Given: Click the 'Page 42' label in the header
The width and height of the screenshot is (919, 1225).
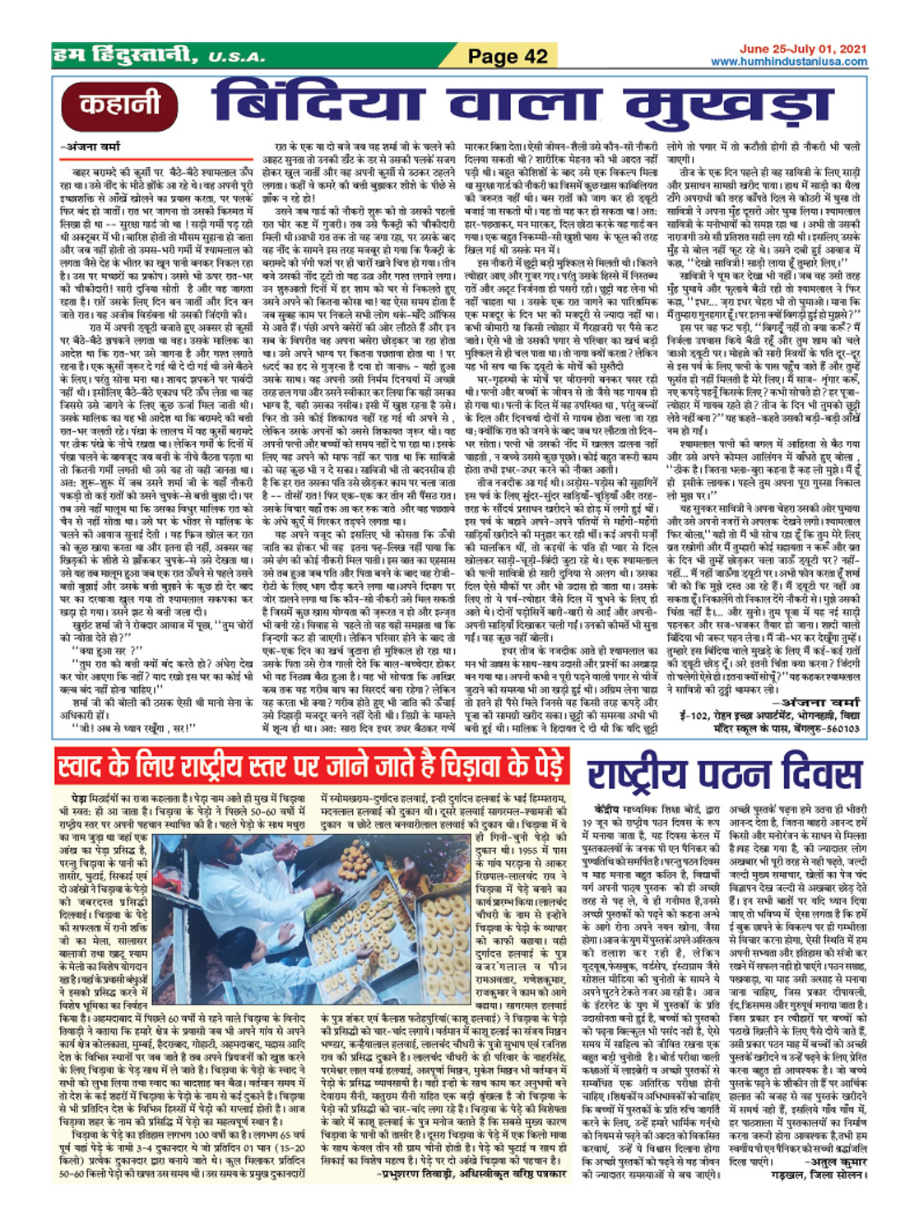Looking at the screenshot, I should (508, 56).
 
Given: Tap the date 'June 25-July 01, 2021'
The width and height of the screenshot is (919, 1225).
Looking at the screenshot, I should (803, 49).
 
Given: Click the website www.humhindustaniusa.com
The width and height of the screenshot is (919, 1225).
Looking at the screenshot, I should (789, 62).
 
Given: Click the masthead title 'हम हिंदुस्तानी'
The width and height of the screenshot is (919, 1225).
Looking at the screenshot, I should (123, 56).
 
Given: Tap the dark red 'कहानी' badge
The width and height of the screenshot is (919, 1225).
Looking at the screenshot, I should (120, 105).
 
